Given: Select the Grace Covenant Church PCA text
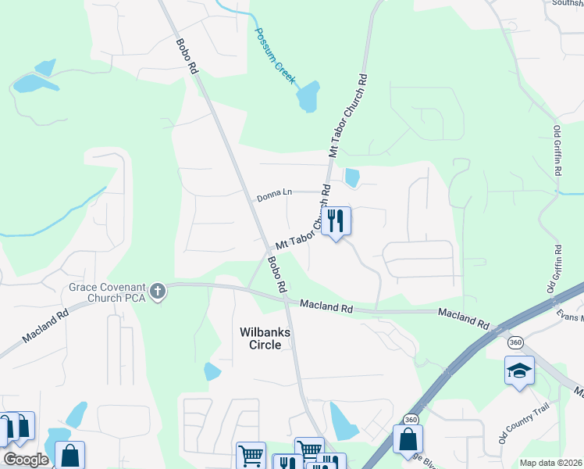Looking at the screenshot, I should [x=107, y=292].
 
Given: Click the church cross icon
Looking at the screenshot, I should [x=158, y=292].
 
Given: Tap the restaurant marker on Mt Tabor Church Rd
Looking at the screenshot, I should [x=336, y=220].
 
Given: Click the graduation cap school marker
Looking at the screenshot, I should [x=519, y=371].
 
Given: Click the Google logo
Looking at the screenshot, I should [x=26, y=460].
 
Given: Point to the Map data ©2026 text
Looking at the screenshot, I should [x=550, y=463].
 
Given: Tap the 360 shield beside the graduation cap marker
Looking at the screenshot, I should [x=515, y=342].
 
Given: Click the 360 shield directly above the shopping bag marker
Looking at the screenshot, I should [x=411, y=420].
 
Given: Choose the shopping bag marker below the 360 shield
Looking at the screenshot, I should [x=408, y=439].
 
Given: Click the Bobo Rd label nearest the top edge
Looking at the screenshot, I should [x=188, y=55].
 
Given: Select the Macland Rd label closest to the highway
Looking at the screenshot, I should [x=463, y=318].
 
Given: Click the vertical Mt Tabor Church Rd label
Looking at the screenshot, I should [x=348, y=117].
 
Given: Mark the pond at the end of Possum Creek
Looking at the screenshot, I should [x=308, y=96].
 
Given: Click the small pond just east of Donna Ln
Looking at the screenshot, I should [x=352, y=178].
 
